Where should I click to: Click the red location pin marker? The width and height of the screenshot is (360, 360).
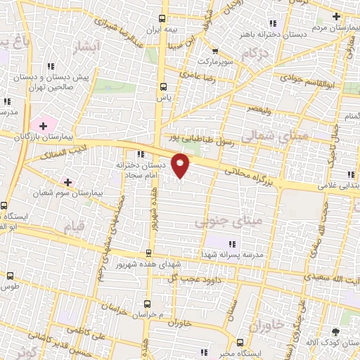[181, 167]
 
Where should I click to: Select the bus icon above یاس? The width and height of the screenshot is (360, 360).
[163, 87]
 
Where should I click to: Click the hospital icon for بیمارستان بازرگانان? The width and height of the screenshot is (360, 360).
[44, 126]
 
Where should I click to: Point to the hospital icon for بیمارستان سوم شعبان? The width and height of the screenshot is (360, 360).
[67, 181]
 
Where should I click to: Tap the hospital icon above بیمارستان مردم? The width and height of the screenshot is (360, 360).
[337, 16]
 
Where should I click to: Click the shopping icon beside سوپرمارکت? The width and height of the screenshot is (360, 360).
[215, 51]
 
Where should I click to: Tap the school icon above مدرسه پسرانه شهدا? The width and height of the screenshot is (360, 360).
[233, 243]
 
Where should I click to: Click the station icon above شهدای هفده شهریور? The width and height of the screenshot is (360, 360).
[148, 252]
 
